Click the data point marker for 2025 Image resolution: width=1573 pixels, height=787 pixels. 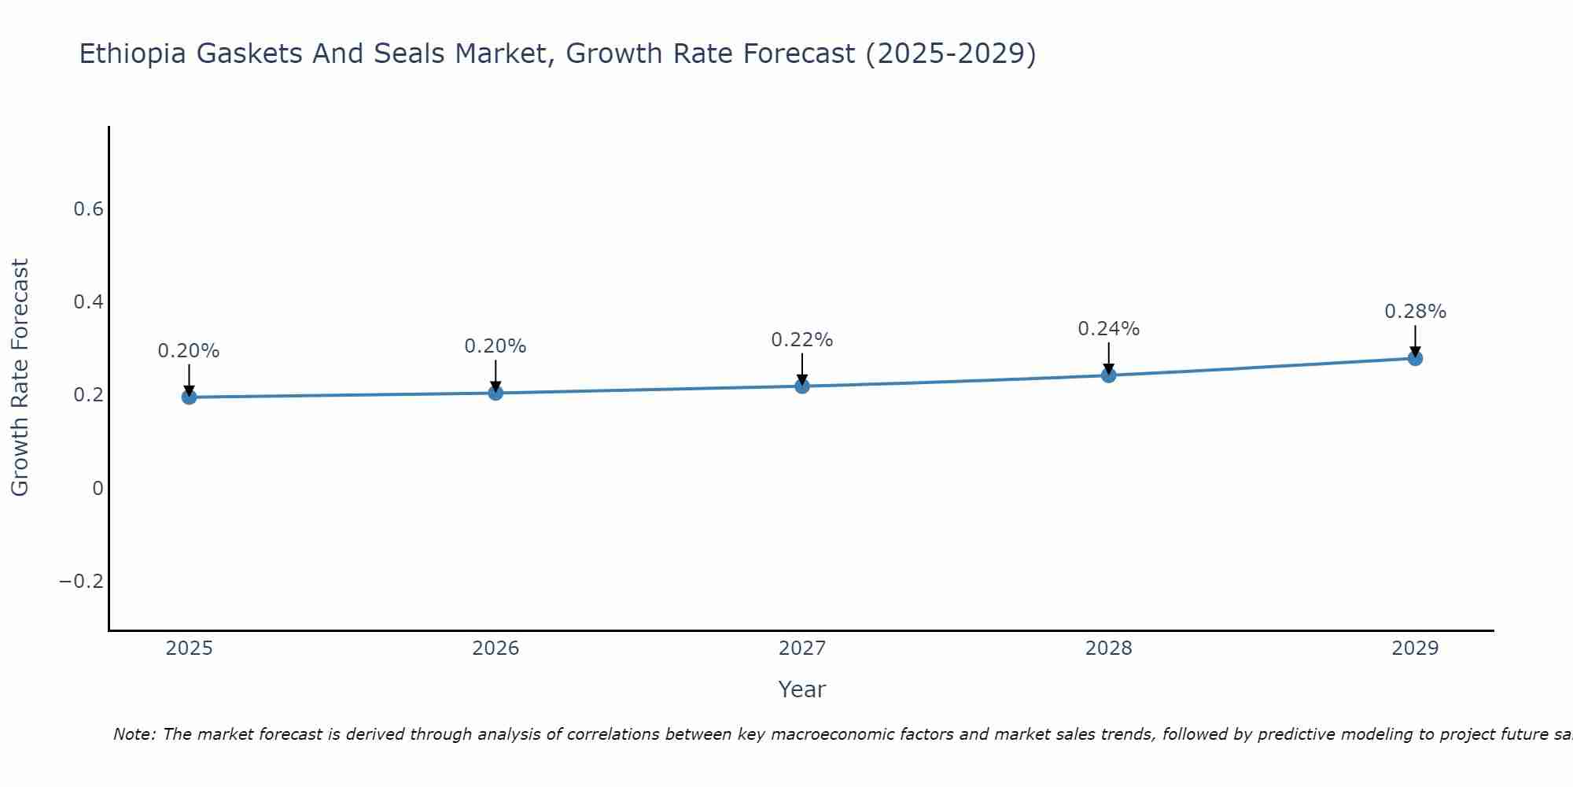coord(189,397)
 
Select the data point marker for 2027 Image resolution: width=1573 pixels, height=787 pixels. coord(802,386)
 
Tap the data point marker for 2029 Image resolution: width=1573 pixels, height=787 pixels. coord(1415,358)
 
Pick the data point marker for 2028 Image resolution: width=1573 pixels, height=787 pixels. coord(1108,375)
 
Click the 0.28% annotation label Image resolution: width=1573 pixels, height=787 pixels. coord(1415,312)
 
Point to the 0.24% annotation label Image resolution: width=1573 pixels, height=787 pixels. coord(1108,329)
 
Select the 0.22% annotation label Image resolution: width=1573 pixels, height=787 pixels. coord(801,340)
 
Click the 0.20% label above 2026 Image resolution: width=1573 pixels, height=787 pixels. coord(495,346)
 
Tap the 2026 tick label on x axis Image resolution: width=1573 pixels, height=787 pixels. coord(495,648)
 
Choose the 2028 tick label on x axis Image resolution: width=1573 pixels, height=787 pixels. coord(1108,648)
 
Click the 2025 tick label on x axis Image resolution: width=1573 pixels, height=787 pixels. coord(189,648)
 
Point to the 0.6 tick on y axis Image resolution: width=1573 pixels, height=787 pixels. coord(88,209)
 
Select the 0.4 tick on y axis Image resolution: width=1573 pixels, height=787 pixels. coord(88,302)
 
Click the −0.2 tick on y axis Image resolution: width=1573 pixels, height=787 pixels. coord(81,582)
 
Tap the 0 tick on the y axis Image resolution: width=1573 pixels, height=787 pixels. coord(98,489)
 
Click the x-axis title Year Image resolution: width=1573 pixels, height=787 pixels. coord(801,689)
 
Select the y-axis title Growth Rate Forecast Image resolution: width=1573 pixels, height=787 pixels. coord(20,378)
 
